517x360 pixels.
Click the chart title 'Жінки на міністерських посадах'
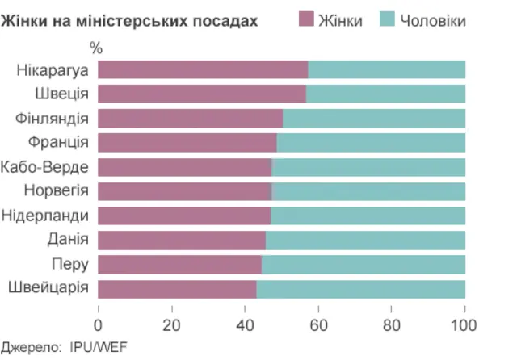tap(129, 20)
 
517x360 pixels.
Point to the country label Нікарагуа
tap(52, 69)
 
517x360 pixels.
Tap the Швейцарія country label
tap(48, 288)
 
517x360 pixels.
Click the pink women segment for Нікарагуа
tap(203, 69)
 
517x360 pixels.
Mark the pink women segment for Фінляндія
tap(191, 119)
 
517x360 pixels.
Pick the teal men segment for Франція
tap(371, 143)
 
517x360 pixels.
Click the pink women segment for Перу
tap(179, 265)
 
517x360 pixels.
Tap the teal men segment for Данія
tap(365, 241)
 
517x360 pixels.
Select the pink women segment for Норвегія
tap(185, 191)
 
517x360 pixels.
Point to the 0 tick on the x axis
tap(99, 325)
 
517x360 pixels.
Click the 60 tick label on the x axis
tap(318, 325)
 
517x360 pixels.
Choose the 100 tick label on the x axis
tap(464, 325)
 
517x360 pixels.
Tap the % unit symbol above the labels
tap(96, 49)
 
